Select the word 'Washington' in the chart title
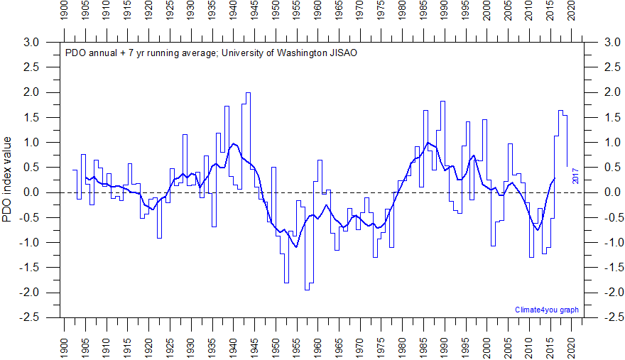click(261, 53)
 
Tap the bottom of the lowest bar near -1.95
click(307, 290)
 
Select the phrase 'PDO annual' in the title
click(88, 53)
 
